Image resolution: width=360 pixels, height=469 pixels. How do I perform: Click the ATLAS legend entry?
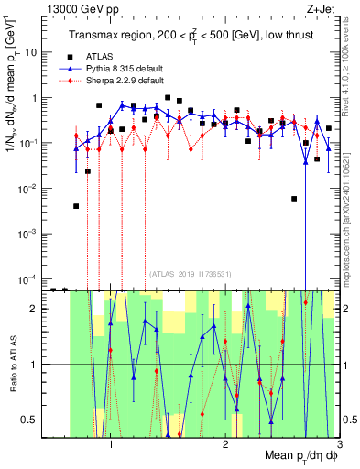coord(112,56)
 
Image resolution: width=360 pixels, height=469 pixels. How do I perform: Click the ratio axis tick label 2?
coord(38,309)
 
